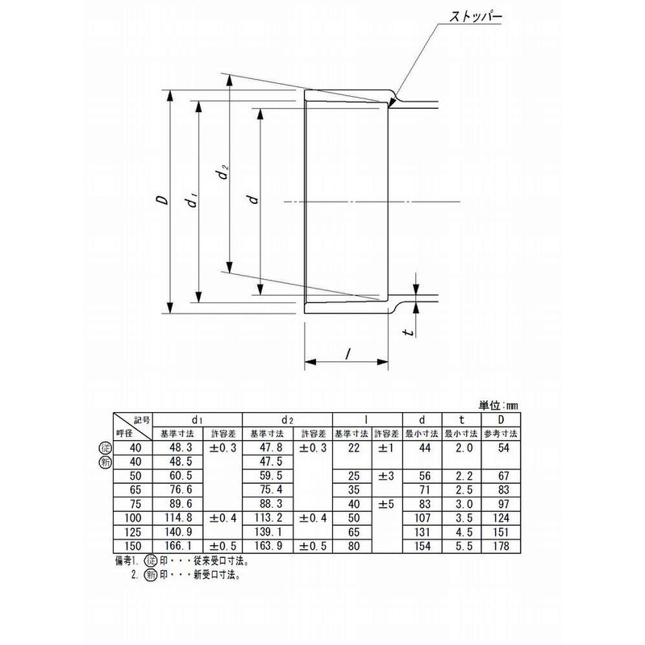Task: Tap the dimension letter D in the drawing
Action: point(162,201)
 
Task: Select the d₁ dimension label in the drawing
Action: point(191,201)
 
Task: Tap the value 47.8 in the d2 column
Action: point(268,447)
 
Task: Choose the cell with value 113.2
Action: point(268,518)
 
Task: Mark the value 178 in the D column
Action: point(503,547)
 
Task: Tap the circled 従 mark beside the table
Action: point(104,447)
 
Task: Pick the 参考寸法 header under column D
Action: point(503,434)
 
